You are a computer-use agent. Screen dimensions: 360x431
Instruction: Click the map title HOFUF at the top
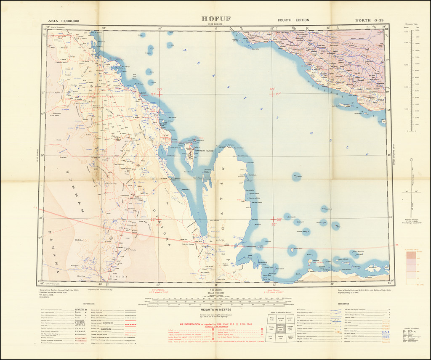pyautogui.click(x=216, y=19)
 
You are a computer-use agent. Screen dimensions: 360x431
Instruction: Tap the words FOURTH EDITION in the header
pyautogui.click(x=293, y=20)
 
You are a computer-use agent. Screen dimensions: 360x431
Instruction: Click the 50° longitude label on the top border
pyautogui.click(x=159, y=28)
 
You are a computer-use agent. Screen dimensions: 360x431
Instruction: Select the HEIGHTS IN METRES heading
pyautogui.click(x=216, y=310)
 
